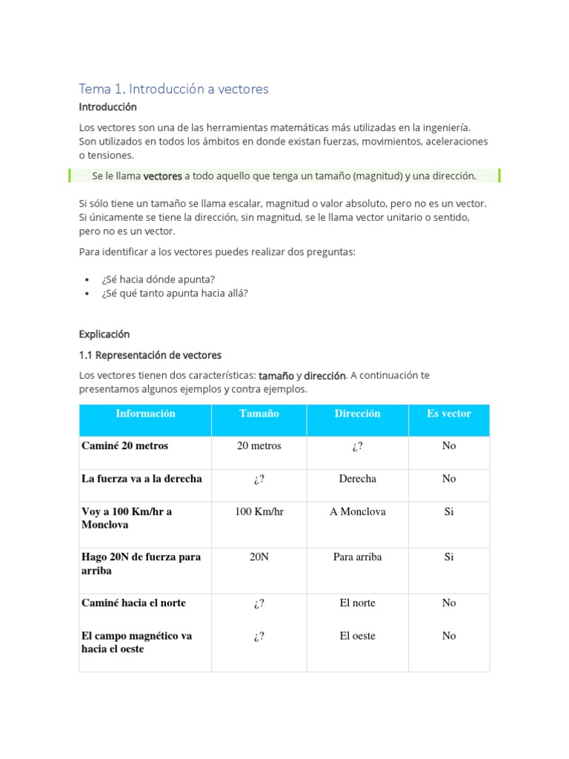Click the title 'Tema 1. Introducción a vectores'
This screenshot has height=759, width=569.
pos(173,89)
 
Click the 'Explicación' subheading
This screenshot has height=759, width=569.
pos(104,334)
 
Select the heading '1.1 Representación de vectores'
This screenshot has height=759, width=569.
pos(150,355)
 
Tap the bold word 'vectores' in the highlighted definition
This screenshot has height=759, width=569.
pos(162,176)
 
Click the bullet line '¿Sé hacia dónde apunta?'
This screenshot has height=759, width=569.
pos(159,279)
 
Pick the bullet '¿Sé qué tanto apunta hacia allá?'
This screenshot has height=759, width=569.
pos(175,293)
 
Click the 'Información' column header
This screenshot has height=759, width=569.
pos(145,414)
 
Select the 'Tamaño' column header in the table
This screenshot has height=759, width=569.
pos(259,414)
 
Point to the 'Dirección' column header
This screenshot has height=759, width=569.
pos(357,414)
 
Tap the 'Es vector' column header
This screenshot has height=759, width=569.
pos(448,414)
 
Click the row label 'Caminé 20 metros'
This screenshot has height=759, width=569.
pos(124,445)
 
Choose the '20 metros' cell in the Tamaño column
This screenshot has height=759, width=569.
pos(259,445)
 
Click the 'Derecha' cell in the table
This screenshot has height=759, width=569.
pos(357,479)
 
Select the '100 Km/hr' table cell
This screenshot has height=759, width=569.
pos(259,511)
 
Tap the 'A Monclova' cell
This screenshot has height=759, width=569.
pos(357,511)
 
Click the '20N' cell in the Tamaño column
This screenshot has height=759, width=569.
pos(259,557)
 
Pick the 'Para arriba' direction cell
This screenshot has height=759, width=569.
pos(357,557)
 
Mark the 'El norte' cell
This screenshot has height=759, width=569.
pos(357,603)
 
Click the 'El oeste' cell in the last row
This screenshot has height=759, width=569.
pos(357,635)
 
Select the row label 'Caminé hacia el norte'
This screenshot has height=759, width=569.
pos(133,603)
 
